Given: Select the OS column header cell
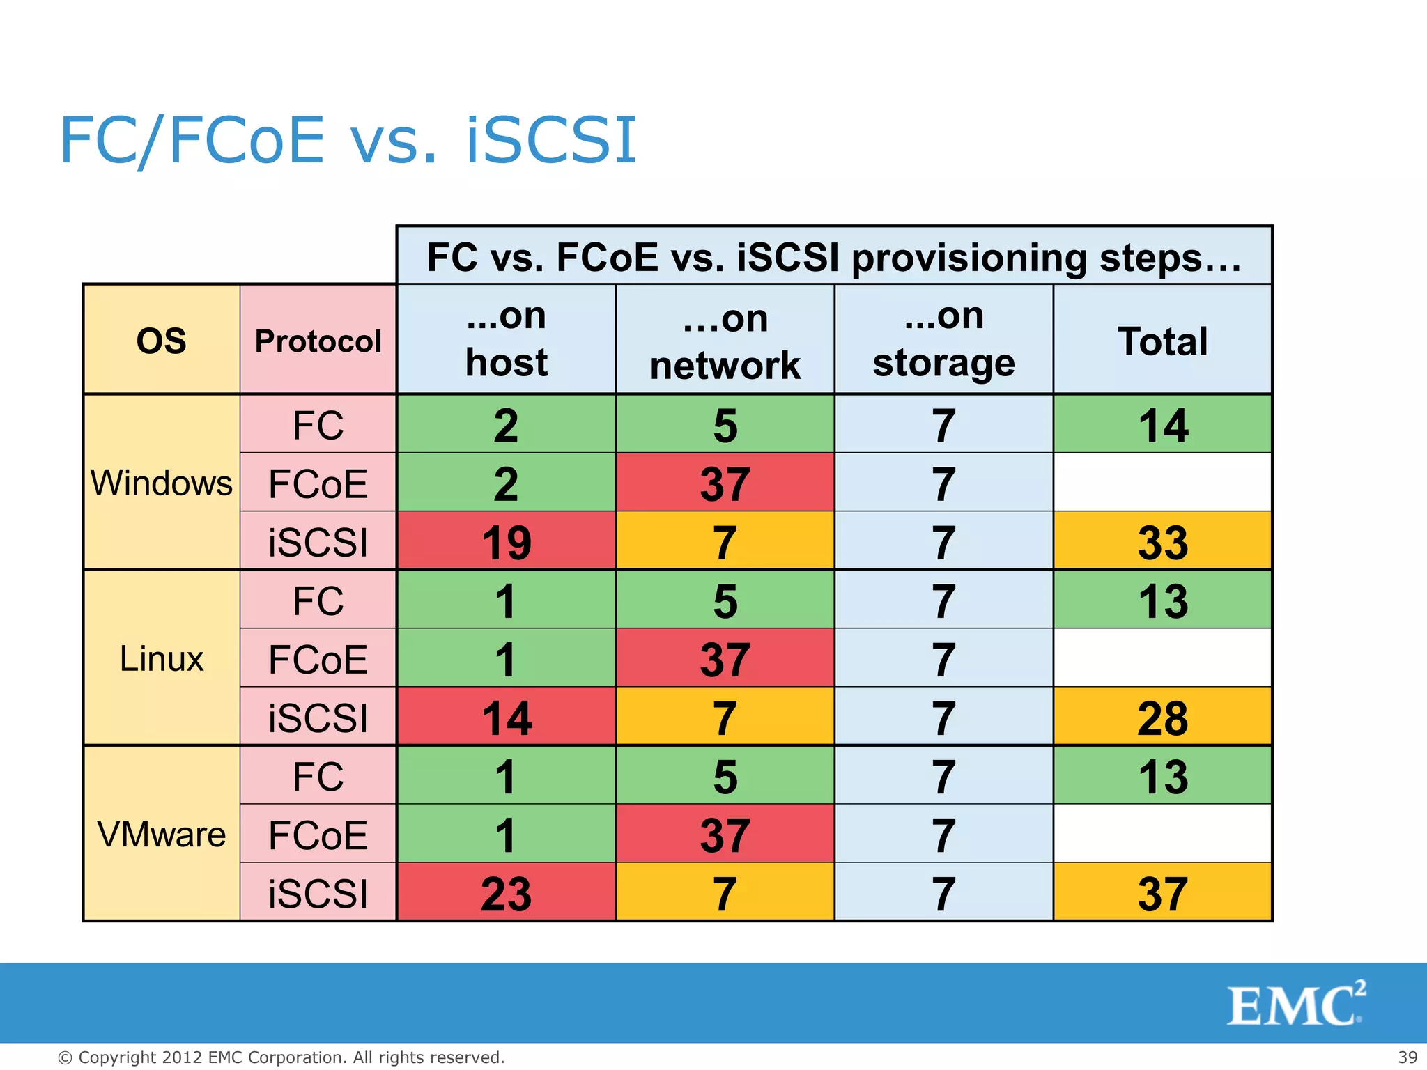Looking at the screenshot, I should [x=161, y=341].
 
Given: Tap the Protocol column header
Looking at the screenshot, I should [x=318, y=341].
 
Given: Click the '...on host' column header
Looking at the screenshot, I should [x=506, y=339].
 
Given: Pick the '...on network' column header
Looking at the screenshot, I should [x=725, y=341].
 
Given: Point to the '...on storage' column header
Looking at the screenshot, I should [x=943, y=339].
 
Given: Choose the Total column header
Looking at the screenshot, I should [x=1162, y=341].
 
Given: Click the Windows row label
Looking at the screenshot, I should [x=161, y=483].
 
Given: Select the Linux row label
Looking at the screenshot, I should [x=161, y=658].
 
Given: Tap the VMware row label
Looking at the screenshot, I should [x=161, y=834].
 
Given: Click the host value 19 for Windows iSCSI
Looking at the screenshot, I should [x=506, y=542].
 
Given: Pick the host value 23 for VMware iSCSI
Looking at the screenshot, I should [x=506, y=893].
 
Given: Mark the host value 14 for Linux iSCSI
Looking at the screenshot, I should [x=506, y=718].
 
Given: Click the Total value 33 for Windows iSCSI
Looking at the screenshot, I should [x=1162, y=542].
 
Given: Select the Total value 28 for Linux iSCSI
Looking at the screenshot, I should [x=1162, y=718].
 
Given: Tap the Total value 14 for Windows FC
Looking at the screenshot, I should [x=1162, y=425].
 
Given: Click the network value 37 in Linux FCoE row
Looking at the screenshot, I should [x=725, y=659].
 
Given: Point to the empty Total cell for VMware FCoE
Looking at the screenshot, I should [x=1162, y=834].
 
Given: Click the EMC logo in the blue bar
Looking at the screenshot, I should [x=1295, y=1004].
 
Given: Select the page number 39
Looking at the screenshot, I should [x=1407, y=1057].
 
